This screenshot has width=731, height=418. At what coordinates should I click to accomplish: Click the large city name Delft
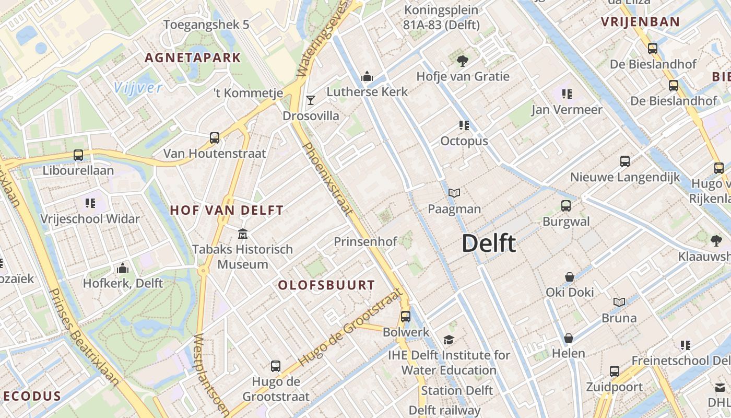(489, 244)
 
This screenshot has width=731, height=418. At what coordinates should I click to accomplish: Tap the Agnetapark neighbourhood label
(193, 58)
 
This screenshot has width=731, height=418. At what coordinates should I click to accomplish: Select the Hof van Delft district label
(227, 211)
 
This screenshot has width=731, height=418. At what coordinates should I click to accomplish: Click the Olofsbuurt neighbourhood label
(326, 285)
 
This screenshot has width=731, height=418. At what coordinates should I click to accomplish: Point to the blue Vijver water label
(138, 87)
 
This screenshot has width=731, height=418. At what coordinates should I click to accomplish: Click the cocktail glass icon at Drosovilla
(311, 99)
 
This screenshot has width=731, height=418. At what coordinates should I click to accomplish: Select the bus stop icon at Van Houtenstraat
(215, 138)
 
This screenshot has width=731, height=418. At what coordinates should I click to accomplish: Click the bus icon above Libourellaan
(78, 155)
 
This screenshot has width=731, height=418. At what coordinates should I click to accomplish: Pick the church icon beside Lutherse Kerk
(367, 77)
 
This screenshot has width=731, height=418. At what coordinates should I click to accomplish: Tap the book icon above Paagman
(454, 193)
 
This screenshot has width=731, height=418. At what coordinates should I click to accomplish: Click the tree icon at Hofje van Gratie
(462, 61)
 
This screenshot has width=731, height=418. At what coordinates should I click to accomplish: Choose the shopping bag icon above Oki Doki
(570, 277)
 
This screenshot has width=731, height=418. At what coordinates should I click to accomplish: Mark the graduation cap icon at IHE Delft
(449, 340)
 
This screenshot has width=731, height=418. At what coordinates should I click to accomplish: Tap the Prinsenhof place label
(365, 241)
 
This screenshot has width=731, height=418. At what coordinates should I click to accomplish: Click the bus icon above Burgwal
(566, 206)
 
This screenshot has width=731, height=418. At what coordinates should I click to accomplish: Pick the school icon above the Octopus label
(464, 125)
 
